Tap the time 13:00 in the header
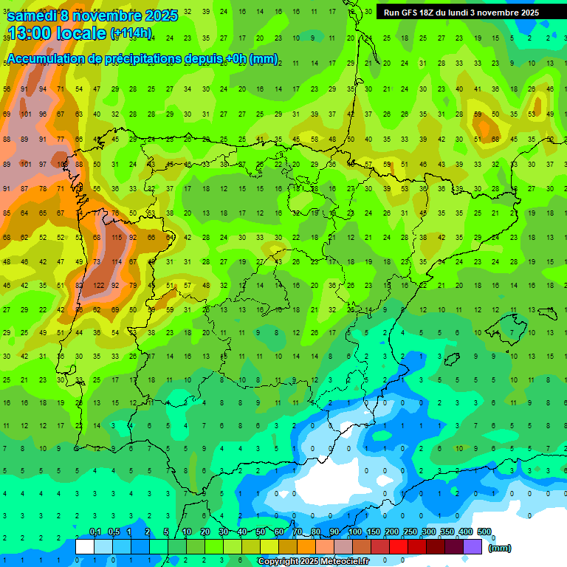(28, 33)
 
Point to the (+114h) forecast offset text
(131, 33)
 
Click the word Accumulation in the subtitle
(45, 59)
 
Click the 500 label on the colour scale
(484, 532)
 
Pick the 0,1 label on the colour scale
(94, 532)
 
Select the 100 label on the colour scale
(354, 532)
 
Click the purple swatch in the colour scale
(472, 546)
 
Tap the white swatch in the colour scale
(85, 546)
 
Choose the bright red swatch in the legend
(399, 546)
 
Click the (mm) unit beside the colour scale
(500, 548)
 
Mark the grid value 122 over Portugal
(98, 286)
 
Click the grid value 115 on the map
(116, 238)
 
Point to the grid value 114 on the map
(116, 261)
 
